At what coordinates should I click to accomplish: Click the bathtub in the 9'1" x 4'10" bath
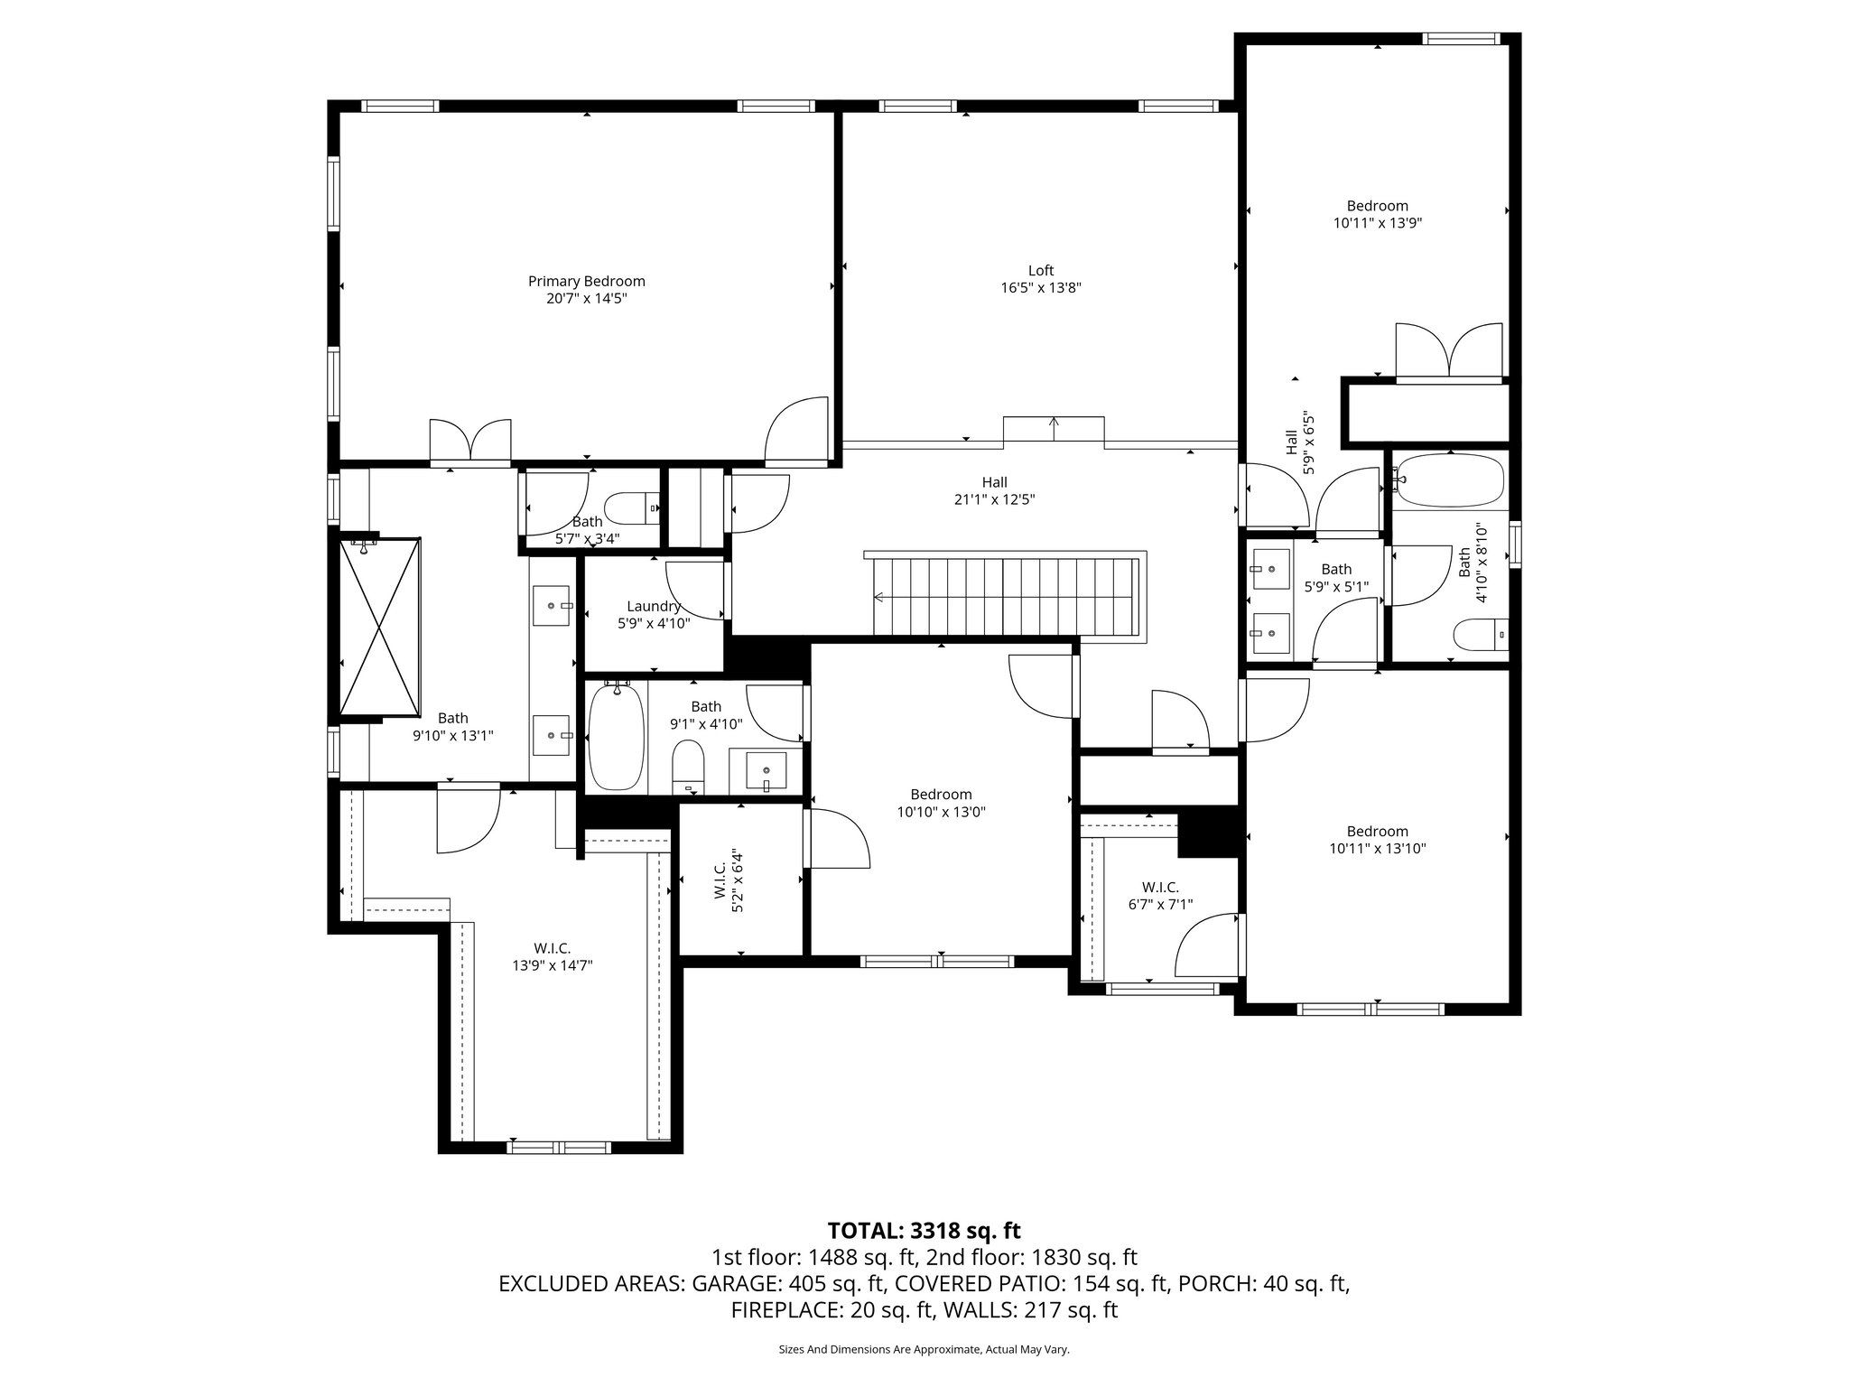616,736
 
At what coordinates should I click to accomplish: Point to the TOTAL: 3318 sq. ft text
924,1231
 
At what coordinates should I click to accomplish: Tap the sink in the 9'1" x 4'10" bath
766,770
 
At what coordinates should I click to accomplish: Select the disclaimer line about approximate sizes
924,1349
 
